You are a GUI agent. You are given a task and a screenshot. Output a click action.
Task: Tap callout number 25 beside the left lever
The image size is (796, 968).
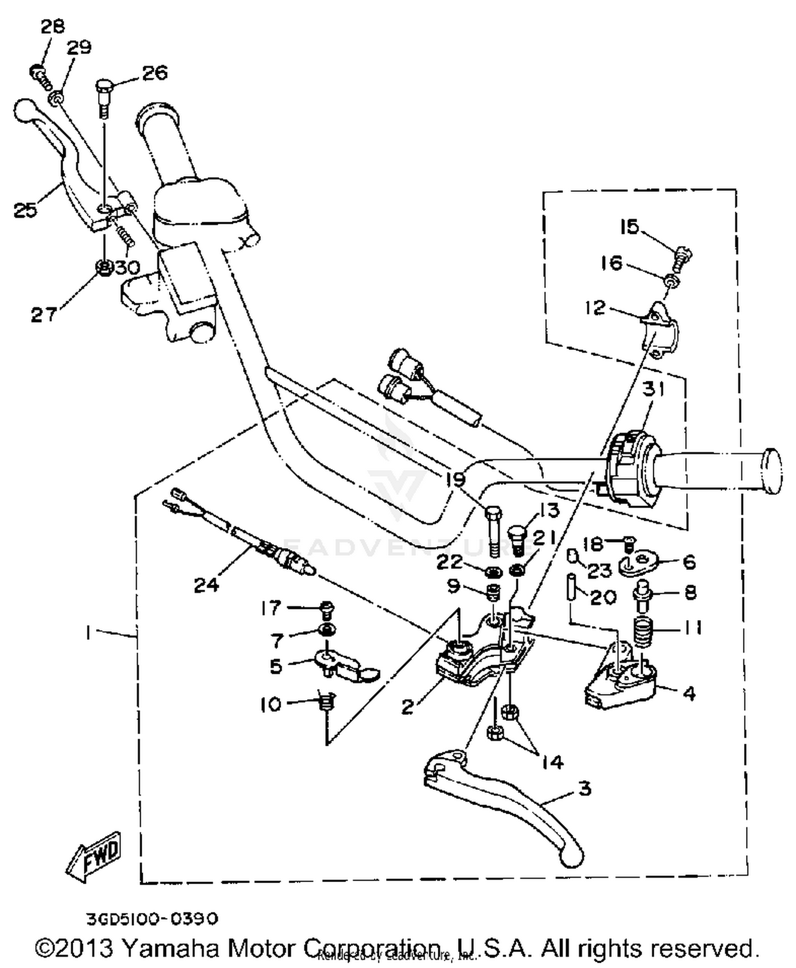pos(25,211)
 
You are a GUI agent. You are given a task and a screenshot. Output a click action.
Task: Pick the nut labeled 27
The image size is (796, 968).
pos(104,268)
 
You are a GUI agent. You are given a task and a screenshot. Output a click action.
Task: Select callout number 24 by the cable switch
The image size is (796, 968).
pos(206,585)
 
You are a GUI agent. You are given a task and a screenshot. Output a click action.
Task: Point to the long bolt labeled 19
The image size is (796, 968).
pos(493,530)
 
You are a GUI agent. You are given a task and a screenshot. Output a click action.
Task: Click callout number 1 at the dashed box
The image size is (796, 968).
pos(88,633)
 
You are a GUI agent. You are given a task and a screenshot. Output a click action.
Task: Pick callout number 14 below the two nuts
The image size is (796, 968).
pos(552,762)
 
